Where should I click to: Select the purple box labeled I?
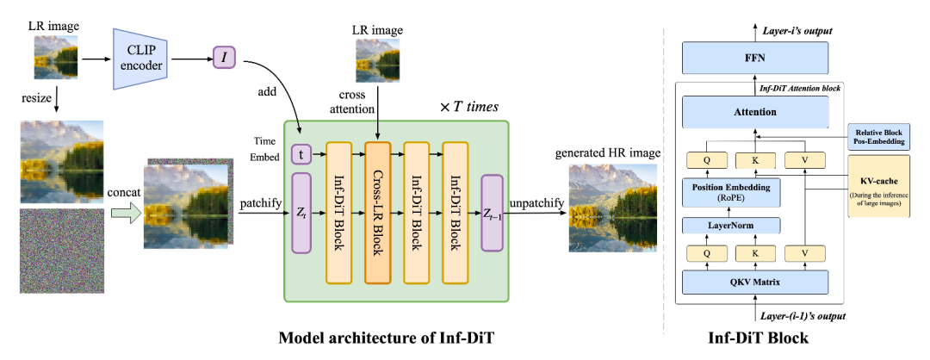(226, 59)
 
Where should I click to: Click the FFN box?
(756, 60)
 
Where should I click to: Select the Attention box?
(755, 112)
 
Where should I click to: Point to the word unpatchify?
(537, 202)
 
